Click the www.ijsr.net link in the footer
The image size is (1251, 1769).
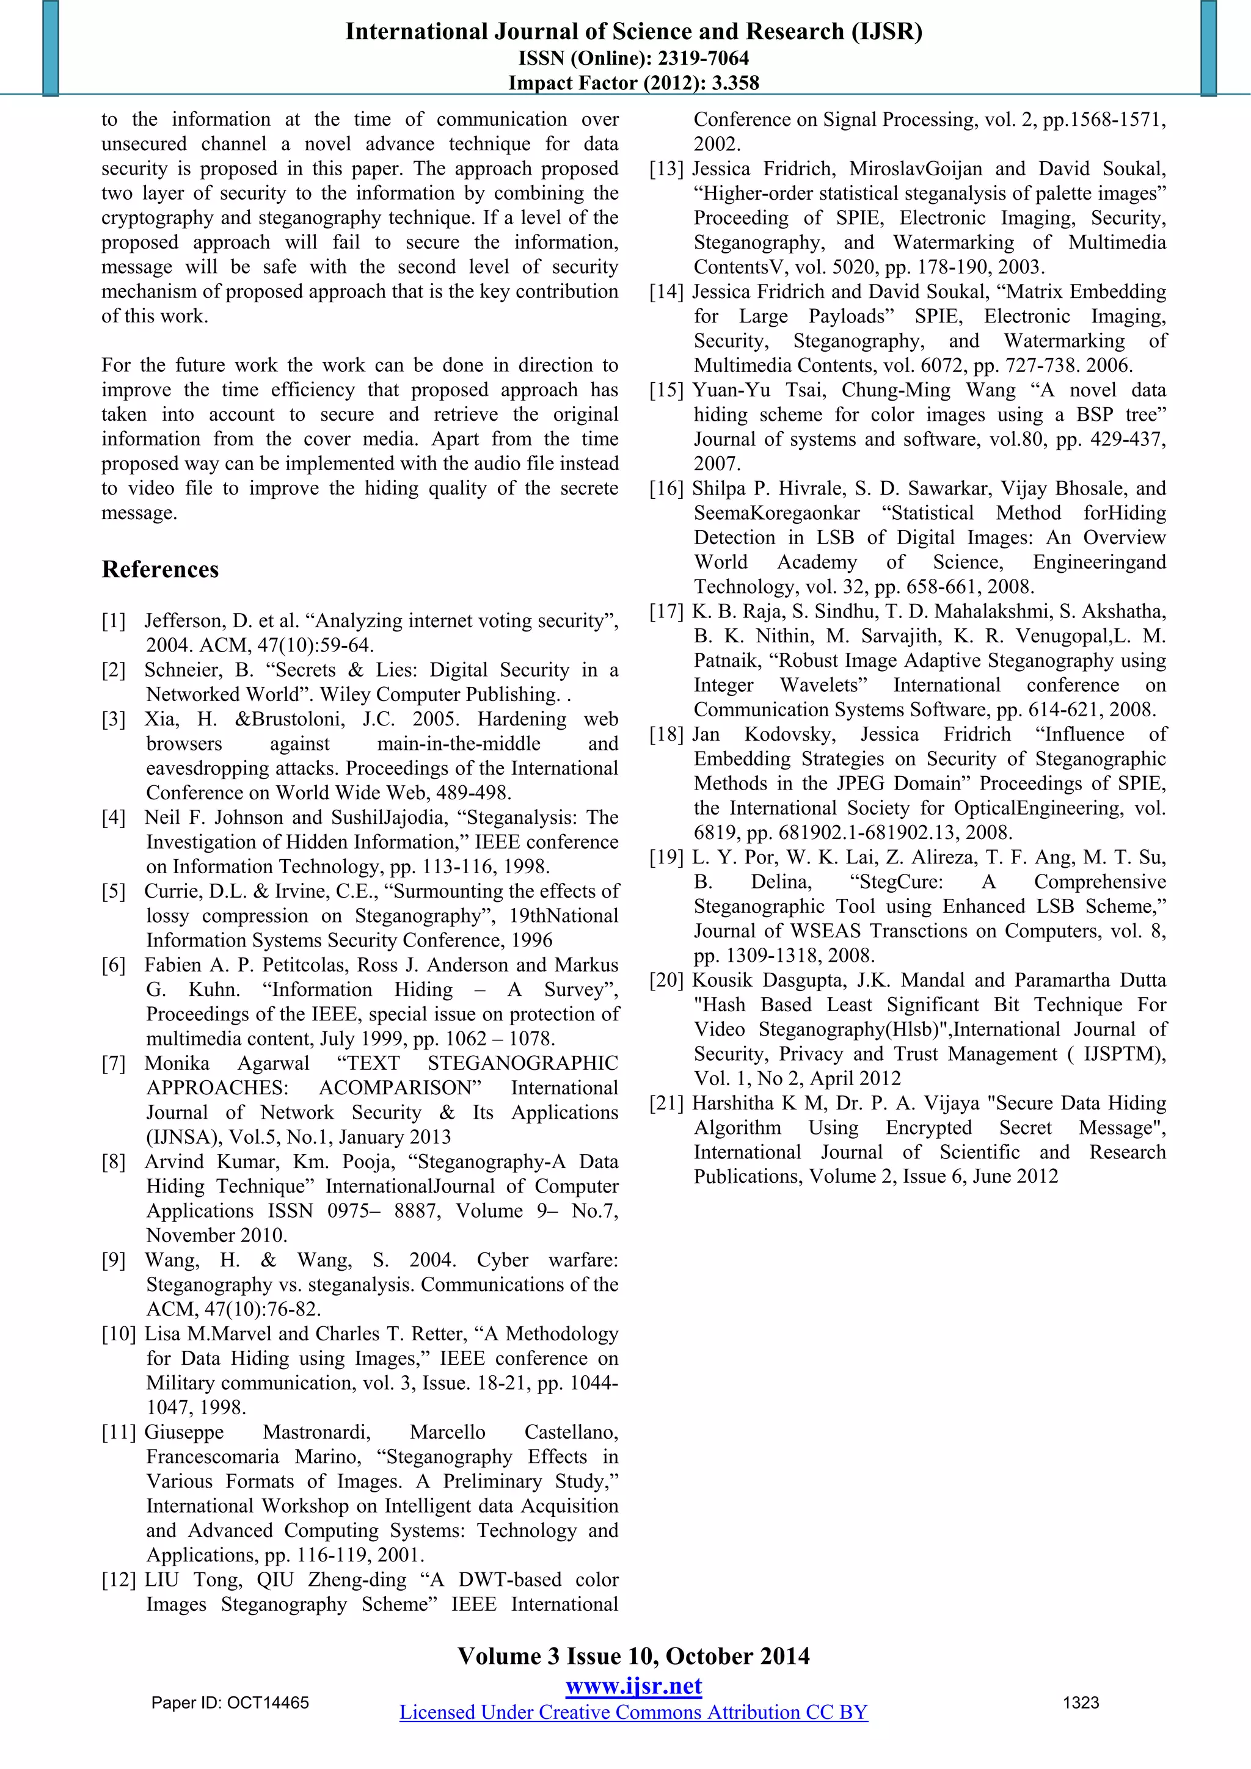[x=633, y=1686]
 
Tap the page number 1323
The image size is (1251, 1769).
[x=1081, y=1702]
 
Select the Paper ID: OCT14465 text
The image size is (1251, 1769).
[x=230, y=1702]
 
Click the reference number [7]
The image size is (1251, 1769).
[x=113, y=1063]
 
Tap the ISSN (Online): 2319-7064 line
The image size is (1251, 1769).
[x=633, y=58]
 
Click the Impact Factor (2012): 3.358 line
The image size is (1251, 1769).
[x=633, y=82]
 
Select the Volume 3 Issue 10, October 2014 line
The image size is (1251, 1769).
[x=633, y=1656]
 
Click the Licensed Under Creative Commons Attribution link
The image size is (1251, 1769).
[x=633, y=1712]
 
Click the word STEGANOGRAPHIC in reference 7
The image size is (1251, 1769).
[x=523, y=1063]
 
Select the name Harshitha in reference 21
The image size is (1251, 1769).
[x=732, y=1103]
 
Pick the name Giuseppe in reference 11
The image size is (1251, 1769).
[x=184, y=1433]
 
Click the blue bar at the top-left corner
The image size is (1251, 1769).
[x=50, y=48]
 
